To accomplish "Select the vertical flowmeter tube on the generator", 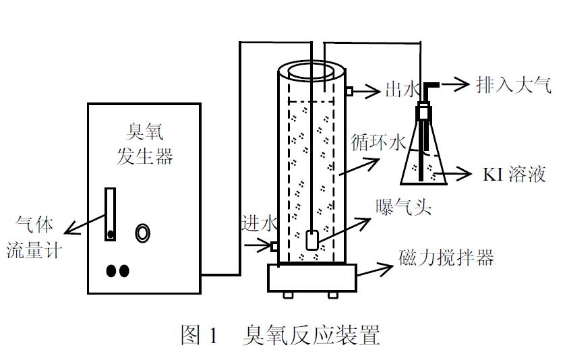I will pyautogui.click(x=110, y=214).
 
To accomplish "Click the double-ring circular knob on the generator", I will pyautogui.click(x=143, y=233).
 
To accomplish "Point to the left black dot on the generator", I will pyautogui.click(x=111, y=270).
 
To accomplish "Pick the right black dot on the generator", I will pyautogui.click(x=124, y=270).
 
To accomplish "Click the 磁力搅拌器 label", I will pyautogui.click(x=446, y=258).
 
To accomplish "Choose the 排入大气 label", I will pyautogui.click(x=514, y=84).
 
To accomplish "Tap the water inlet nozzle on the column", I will pyautogui.click(x=274, y=246).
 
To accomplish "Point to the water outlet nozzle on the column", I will pyautogui.click(x=350, y=90).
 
